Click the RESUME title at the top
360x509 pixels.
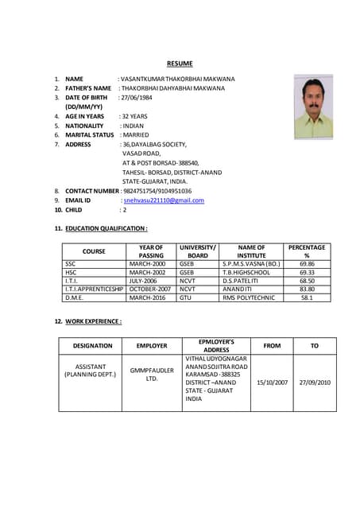(x=180, y=63)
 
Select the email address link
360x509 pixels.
(x=164, y=200)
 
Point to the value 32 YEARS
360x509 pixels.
(x=137, y=116)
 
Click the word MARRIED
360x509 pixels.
(x=140, y=135)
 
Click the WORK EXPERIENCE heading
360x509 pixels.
(x=94, y=321)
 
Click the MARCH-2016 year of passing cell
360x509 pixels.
(x=151, y=297)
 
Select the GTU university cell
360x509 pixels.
(x=187, y=297)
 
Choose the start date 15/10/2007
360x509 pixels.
(x=271, y=383)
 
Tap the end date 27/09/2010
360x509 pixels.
(x=314, y=383)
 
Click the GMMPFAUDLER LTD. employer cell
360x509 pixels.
(x=151, y=374)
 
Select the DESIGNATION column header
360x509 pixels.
(x=92, y=346)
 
